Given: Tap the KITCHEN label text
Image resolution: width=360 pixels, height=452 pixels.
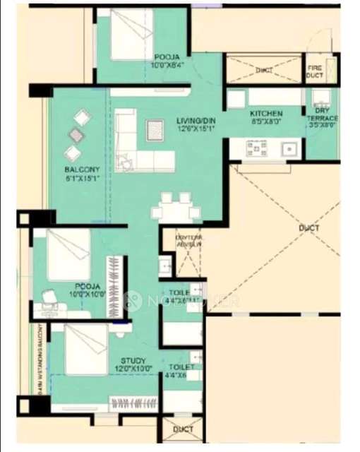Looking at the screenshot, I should (266, 113).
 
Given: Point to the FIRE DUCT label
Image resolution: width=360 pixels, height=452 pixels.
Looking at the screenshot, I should (315, 71).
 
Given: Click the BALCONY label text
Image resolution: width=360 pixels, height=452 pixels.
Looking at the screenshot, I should (82, 169).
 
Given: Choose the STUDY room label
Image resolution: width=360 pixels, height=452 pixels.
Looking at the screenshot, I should (133, 360).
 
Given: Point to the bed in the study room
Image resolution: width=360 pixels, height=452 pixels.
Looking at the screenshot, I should (85, 348).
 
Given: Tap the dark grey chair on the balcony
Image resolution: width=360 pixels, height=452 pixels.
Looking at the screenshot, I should (76, 134).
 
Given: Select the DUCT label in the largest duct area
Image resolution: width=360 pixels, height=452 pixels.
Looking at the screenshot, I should (308, 228).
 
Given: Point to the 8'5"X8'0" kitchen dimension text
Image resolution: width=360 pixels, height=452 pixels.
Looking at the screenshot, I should (266, 121).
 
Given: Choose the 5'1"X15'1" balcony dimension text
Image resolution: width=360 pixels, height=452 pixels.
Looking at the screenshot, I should (82, 178).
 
